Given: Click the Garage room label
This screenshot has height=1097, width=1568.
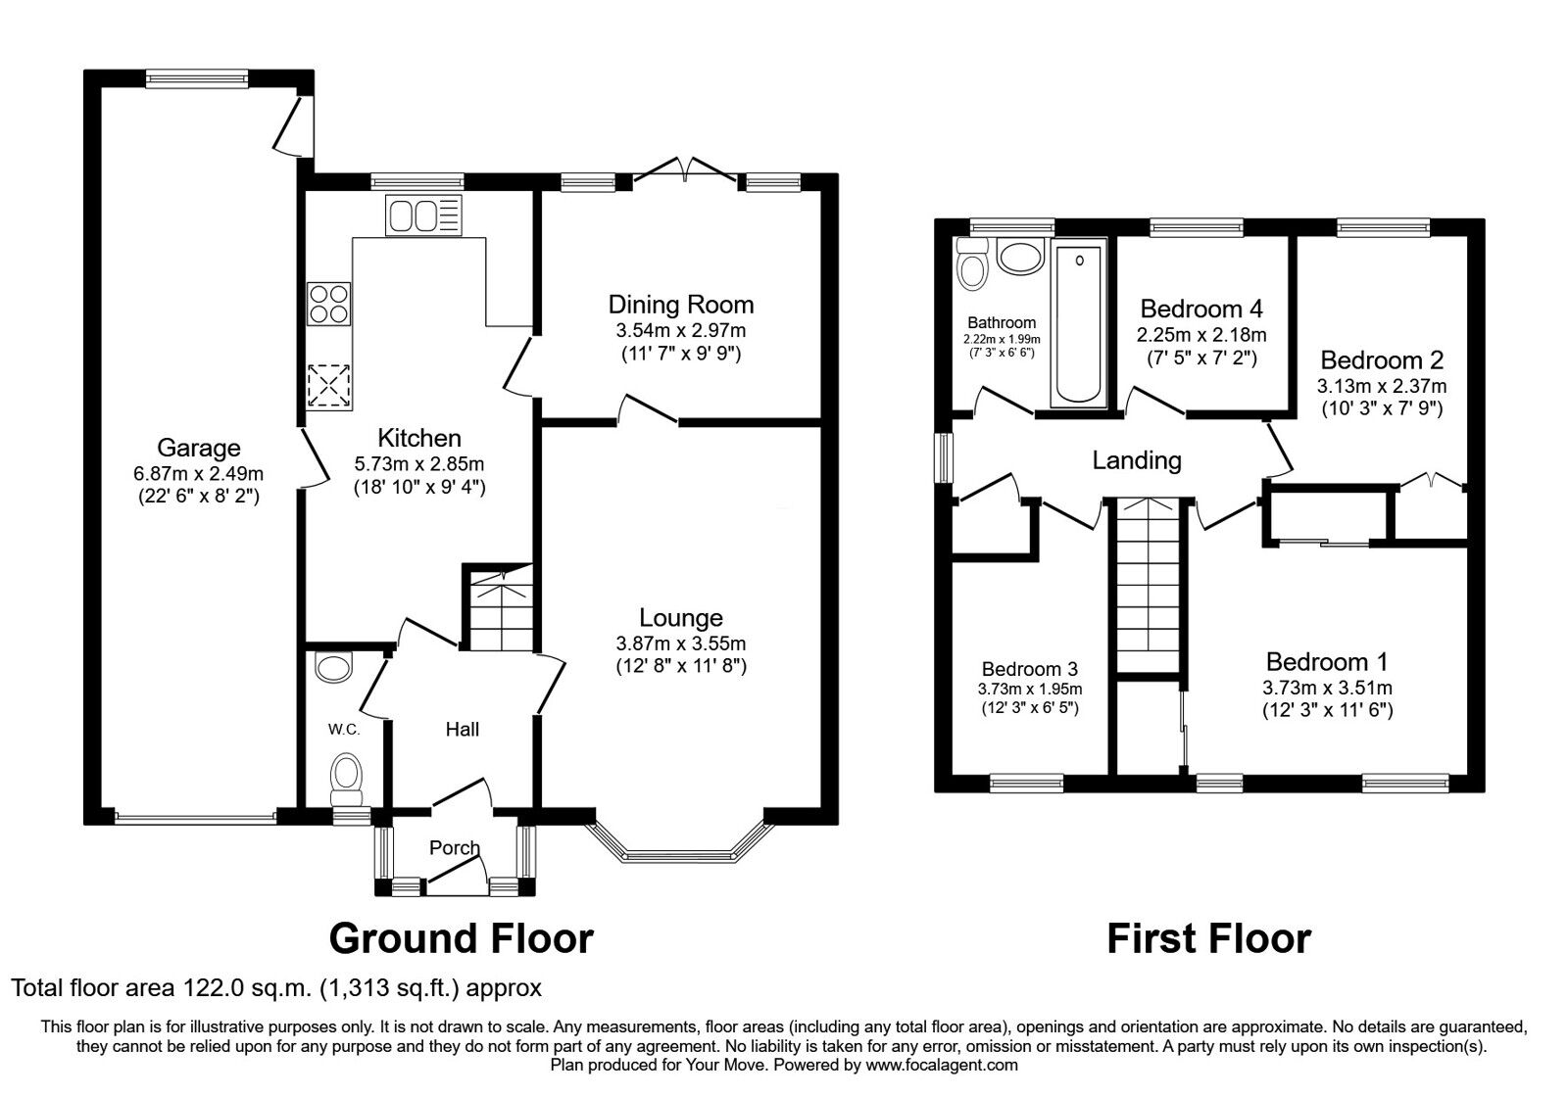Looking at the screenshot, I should click(x=199, y=448).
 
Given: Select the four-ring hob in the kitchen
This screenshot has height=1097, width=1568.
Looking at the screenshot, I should click(x=328, y=303).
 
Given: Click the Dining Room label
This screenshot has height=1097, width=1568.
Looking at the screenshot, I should click(x=681, y=304).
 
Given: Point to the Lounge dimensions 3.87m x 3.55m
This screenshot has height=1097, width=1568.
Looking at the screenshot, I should click(x=681, y=644).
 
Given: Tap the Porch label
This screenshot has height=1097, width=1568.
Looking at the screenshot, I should click(x=455, y=847).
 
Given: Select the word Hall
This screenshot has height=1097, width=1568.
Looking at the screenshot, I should click(x=463, y=729).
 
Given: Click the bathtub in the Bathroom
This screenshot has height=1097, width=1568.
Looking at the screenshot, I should click(x=1077, y=323).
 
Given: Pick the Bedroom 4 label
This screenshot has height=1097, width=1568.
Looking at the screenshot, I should click(x=1201, y=310).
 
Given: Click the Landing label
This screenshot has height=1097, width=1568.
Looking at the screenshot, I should click(x=1137, y=459).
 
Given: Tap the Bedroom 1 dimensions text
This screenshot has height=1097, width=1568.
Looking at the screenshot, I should click(x=1327, y=688).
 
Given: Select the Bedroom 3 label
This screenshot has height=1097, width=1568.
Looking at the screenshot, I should click(x=1030, y=669).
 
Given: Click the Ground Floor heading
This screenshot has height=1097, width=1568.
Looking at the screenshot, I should click(x=461, y=937).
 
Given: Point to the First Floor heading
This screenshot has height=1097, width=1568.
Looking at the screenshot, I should click(x=1208, y=937).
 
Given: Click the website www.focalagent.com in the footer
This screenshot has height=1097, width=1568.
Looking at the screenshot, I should click(x=942, y=1065).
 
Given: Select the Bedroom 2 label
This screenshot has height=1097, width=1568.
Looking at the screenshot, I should click(x=1381, y=359).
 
